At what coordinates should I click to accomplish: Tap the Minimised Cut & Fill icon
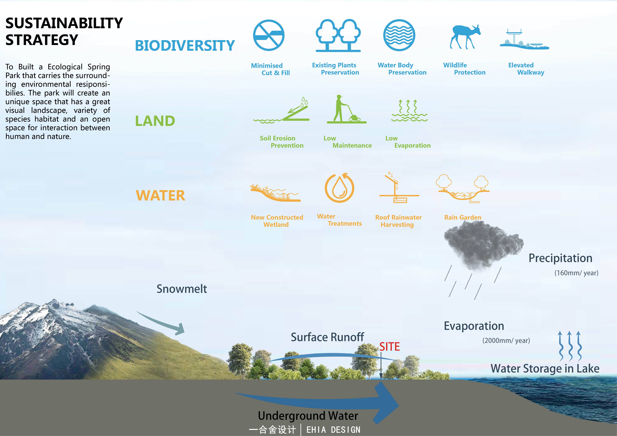tap(269, 35)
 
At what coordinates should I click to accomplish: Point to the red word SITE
tap(389, 347)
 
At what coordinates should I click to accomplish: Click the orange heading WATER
tap(160, 196)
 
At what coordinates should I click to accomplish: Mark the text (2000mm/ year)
tap(506, 341)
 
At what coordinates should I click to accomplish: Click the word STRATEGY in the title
tap(42, 40)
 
